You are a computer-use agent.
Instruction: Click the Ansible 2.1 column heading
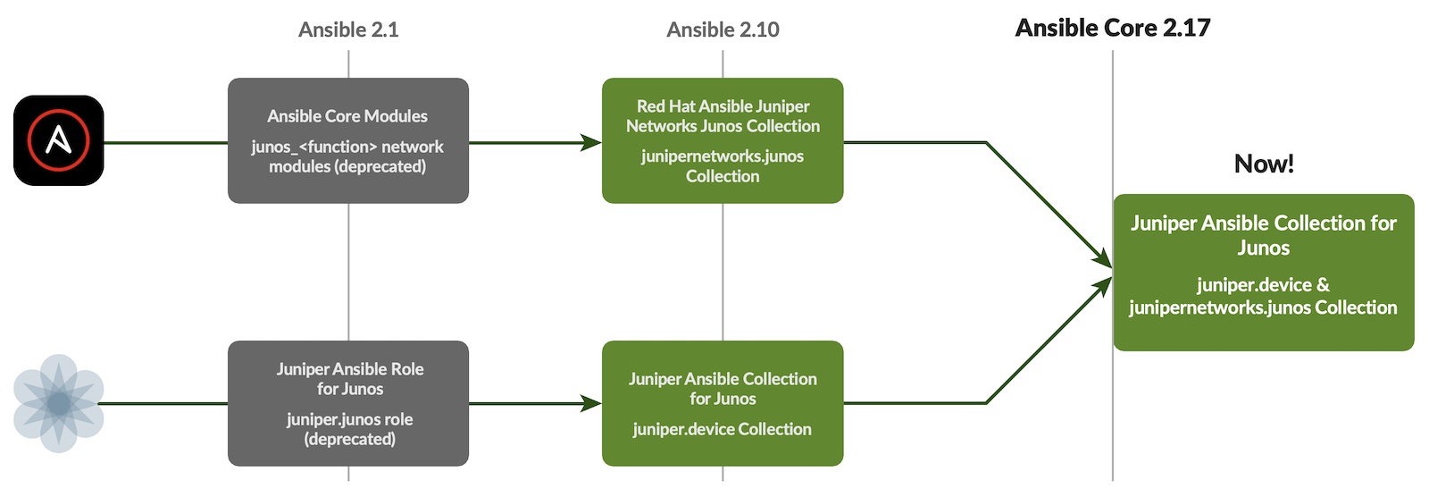coord(348,29)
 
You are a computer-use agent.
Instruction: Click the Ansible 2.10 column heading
coord(723,29)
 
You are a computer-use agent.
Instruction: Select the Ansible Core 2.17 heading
coord(1112,28)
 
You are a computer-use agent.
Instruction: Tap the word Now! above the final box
coord(1263,164)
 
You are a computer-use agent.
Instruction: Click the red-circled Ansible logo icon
coord(59,140)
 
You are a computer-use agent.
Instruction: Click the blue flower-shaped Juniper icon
coord(59,403)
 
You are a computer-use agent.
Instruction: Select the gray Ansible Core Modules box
coord(348,140)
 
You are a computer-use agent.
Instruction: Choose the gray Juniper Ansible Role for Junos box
coord(348,403)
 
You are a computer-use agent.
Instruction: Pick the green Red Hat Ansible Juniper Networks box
coord(723,140)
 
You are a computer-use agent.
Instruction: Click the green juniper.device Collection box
coord(723,403)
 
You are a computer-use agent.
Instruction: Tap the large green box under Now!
coord(1263,272)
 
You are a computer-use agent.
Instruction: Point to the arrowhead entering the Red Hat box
coord(592,142)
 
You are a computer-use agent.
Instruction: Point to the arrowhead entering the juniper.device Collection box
coord(592,403)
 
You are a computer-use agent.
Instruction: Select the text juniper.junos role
coord(349,419)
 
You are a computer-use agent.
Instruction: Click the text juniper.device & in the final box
coord(1263,285)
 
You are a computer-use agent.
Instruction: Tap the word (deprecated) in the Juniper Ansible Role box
coord(349,439)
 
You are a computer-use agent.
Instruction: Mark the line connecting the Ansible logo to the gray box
coord(165,142)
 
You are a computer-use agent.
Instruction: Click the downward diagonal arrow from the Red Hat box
coord(1045,201)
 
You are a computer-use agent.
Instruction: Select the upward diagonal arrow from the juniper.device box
coord(1045,344)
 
